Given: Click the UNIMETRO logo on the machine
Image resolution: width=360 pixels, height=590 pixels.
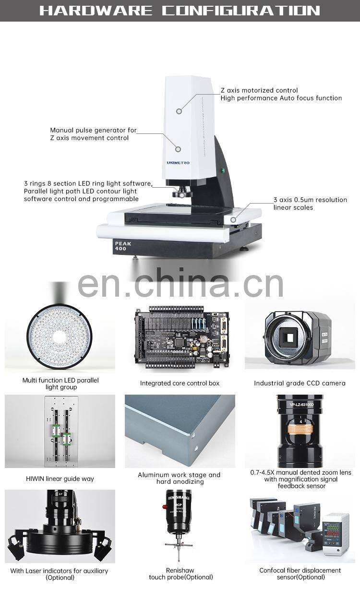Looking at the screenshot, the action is coord(178,163).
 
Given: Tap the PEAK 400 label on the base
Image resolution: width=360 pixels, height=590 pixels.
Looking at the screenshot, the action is coord(123,246).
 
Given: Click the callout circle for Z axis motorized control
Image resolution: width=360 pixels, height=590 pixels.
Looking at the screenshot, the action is coord(179,111).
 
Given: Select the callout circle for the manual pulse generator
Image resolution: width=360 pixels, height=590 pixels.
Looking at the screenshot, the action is coord(178,149).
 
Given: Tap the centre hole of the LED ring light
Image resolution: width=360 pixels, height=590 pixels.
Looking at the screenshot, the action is coord(59,337).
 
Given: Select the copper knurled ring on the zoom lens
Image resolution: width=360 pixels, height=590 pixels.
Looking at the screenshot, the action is coord(300,429).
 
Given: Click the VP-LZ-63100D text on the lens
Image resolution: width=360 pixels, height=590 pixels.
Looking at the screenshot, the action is coord(301,405).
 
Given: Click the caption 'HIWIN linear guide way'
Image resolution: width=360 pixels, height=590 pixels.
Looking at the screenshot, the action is coord(60,479).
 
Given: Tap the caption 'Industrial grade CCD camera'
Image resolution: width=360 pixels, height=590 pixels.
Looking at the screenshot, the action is coord(300,383).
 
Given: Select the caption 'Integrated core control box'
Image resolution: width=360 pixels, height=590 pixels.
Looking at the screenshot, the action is coord(180,383).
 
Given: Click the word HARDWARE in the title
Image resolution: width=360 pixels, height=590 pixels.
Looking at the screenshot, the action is coord(96,11).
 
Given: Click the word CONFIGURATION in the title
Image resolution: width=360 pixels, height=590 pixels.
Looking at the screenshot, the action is coord(241,11).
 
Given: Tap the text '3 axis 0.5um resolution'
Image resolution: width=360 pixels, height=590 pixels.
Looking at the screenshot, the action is coord(310,200).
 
